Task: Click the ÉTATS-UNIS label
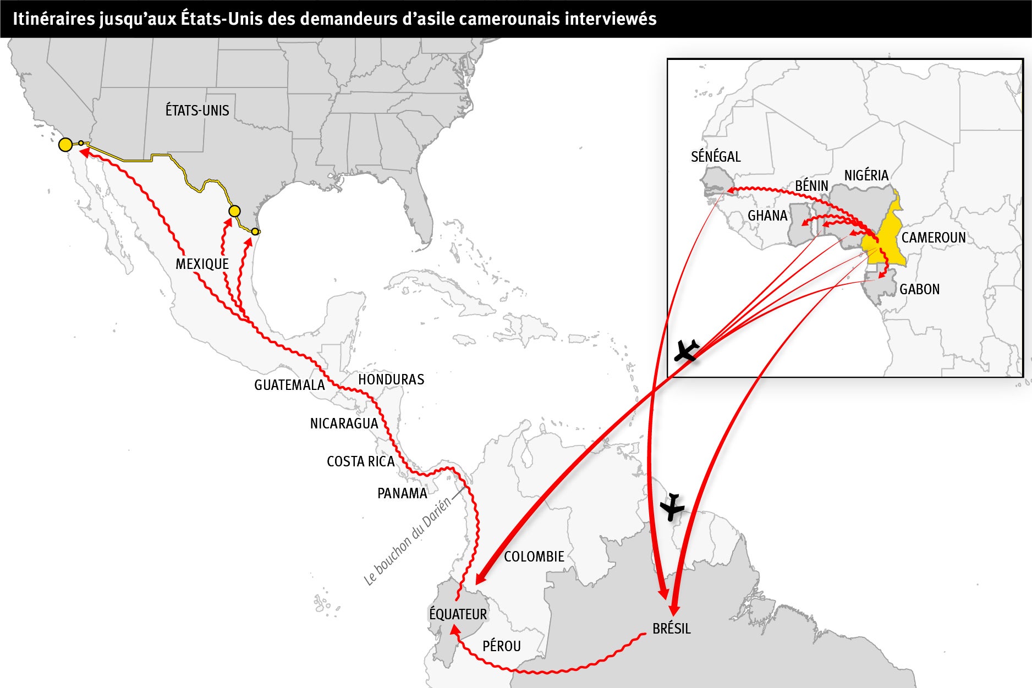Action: point(197,111)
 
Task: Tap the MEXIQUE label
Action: point(202,264)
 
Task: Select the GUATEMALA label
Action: point(289,385)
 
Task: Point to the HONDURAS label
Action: point(391,379)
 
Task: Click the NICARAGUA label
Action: point(344,423)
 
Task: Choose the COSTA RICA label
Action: point(361,461)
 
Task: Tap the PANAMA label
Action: point(402,493)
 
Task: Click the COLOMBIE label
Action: point(534,557)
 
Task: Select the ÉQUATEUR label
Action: point(458,614)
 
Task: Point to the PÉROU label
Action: point(501,646)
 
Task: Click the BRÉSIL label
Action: point(671,629)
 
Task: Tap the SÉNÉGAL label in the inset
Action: point(716,157)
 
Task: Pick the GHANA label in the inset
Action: point(767,216)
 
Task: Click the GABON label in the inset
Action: point(919,289)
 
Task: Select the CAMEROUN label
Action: point(933,238)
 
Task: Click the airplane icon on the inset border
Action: point(686,350)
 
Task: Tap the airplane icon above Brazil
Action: point(672,507)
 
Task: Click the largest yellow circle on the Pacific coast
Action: point(65,145)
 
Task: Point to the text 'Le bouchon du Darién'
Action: point(407,542)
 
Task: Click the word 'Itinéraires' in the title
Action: point(47,19)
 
